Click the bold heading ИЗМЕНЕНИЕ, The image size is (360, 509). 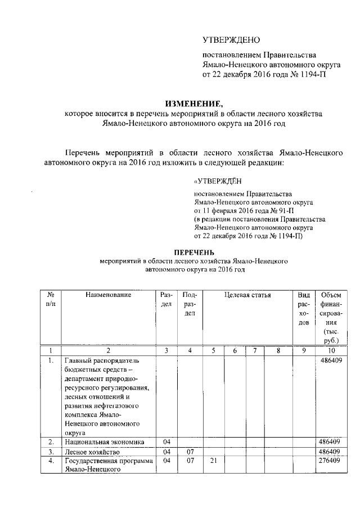coord(193,103)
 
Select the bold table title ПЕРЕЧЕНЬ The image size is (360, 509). coord(194,252)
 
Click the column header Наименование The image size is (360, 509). coord(109,295)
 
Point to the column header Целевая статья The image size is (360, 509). coord(247,295)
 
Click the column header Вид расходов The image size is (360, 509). coord(304,308)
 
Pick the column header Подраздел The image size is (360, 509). coord(190,304)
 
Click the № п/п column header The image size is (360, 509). coord(51,299)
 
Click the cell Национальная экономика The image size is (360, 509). coord(105,442)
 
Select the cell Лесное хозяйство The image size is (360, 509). coord(92,452)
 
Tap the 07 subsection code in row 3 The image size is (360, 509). coord(190,452)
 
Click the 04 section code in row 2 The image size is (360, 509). coord(166,442)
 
